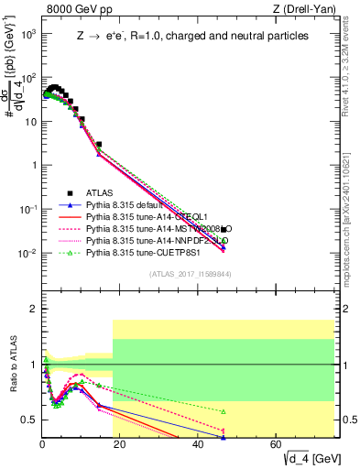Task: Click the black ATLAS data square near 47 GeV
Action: (x=224, y=230)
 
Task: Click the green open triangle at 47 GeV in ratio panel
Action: (x=224, y=411)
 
